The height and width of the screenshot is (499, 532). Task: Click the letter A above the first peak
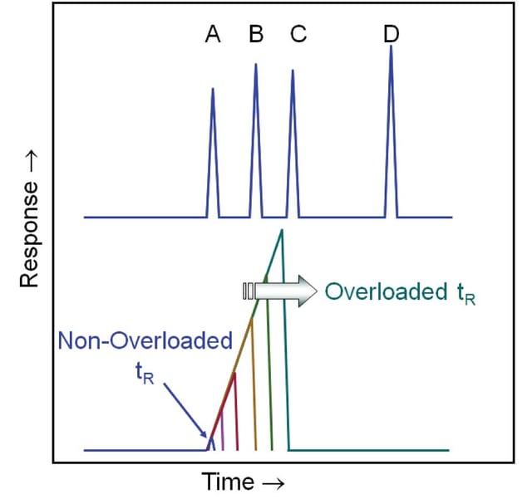214,35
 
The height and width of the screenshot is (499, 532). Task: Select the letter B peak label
256,35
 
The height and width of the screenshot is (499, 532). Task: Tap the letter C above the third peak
298,35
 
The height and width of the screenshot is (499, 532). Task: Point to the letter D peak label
392,35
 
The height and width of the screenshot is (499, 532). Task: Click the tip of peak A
213,88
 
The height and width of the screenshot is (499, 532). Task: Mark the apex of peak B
255,64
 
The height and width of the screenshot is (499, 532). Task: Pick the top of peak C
293,70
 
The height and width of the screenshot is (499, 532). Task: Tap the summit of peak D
391,46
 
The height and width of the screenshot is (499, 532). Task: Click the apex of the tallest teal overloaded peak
283,230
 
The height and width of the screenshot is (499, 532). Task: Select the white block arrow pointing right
279,291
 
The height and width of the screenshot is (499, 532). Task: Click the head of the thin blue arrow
207,437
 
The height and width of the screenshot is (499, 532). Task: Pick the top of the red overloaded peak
234,374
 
